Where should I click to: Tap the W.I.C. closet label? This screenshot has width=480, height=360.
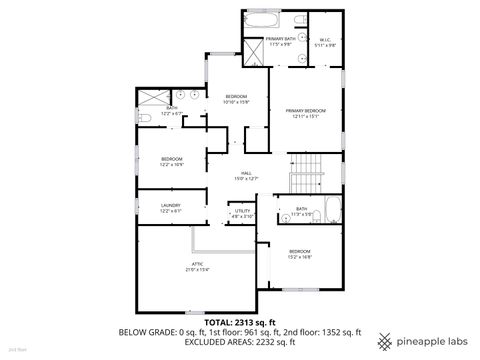click(325, 42)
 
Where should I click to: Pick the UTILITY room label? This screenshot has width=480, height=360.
click(243, 213)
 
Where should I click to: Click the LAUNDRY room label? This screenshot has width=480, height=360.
click(170, 207)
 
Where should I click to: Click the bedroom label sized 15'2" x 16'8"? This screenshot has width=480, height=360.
click(300, 253)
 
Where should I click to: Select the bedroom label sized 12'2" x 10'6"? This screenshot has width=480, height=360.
click(171, 161)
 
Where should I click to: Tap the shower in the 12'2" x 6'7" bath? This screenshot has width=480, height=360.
click(153, 97)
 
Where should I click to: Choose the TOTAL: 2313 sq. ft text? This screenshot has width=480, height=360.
click(240, 323)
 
